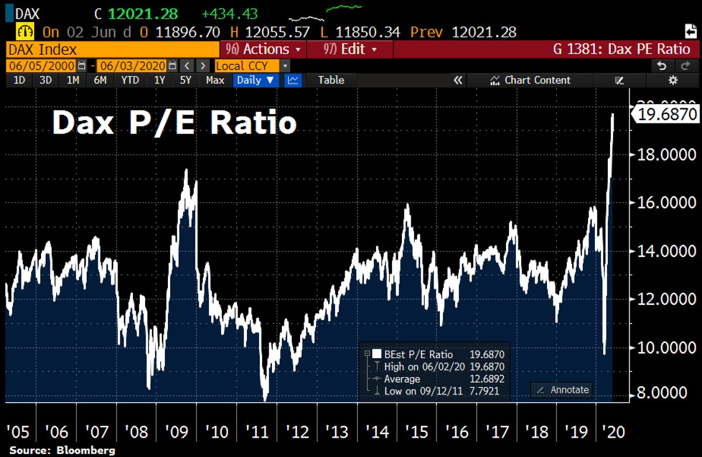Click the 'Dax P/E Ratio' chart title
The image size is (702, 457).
174,123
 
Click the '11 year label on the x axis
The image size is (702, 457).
257,432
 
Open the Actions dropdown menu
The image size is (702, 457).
267,49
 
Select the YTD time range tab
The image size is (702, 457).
130,80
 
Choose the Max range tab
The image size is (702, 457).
215,80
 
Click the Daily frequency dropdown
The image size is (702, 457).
255,80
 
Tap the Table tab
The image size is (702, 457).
331,80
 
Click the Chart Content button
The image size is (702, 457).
531,80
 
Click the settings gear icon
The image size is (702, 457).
673,80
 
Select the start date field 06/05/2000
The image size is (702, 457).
42,66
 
